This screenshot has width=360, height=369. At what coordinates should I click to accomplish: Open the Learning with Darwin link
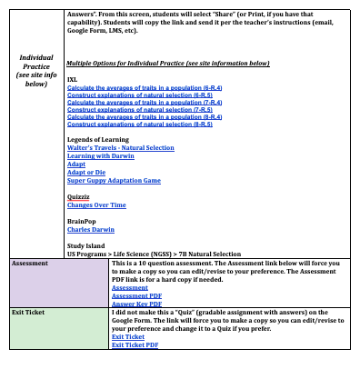click(x=94, y=155)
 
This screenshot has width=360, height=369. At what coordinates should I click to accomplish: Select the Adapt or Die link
click(x=83, y=172)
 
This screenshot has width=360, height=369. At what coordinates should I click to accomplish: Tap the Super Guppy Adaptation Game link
click(x=114, y=180)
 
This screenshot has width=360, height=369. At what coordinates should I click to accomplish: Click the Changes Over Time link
click(x=96, y=204)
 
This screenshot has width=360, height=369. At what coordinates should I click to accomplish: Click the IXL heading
click(x=72, y=80)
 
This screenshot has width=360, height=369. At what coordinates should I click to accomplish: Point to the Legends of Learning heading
click(x=101, y=138)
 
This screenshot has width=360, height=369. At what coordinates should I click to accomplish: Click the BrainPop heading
click(x=83, y=221)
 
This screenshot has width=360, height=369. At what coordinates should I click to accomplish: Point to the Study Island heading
click(x=88, y=245)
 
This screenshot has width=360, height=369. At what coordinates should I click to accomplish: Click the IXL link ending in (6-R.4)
click(x=139, y=87)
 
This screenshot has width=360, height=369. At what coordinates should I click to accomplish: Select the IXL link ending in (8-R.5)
click(x=139, y=124)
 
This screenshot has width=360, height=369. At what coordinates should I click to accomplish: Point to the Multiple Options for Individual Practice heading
click(x=168, y=63)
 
